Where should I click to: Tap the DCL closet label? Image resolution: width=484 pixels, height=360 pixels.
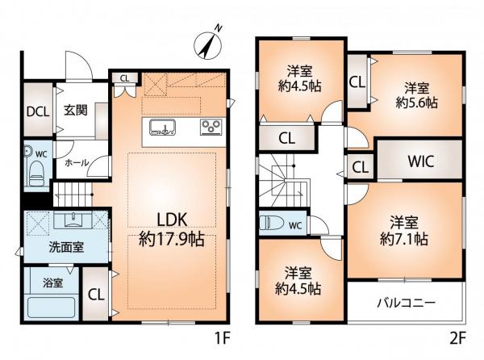point(38,111)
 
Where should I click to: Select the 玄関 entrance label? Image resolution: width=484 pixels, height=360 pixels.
point(76,111)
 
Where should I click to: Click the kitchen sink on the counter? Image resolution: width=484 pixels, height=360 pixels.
point(163,128)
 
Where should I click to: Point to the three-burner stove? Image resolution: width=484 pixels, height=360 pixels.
point(211,127)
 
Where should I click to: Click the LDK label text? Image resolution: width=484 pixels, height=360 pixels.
point(173,220)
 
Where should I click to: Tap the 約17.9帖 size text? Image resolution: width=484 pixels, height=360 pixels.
point(172,239)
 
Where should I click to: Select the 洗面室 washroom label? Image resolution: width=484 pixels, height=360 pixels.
point(66,247)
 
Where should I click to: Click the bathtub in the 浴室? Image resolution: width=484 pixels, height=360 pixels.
point(52,308)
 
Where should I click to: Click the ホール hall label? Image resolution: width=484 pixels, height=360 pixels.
point(77,163)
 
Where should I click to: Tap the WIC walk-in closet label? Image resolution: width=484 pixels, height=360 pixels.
point(421,161)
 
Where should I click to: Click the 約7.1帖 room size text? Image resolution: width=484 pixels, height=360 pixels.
point(404,239)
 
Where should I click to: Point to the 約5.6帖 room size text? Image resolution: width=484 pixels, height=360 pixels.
point(417,103)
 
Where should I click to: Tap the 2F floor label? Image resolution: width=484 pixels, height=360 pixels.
point(457,339)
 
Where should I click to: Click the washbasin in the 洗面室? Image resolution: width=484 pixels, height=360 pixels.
point(73,220)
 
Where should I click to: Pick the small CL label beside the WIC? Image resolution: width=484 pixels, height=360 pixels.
point(361,168)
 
